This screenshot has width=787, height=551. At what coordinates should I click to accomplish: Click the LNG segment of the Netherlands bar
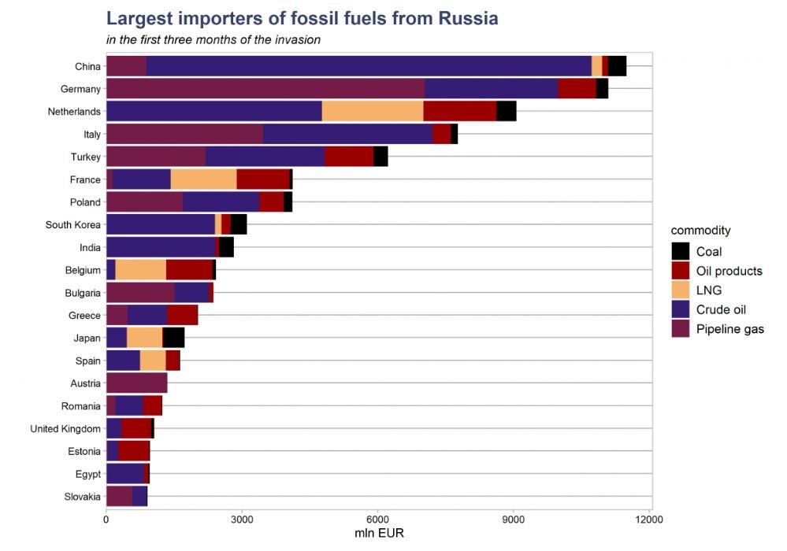click(372, 112)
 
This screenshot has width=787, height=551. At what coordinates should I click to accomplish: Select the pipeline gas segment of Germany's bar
click(265, 89)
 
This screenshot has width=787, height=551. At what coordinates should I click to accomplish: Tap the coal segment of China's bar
click(617, 66)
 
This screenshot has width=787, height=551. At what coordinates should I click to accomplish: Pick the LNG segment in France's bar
click(203, 179)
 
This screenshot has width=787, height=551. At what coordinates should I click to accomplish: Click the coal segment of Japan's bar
click(173, 338)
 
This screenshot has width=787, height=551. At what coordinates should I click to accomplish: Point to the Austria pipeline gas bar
click(136, 383)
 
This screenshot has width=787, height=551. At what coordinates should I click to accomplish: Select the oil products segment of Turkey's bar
click(348, 157)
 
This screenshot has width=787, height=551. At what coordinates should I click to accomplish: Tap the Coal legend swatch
click(681, 251)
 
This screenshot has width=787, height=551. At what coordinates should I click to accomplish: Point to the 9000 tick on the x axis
click(514, 520)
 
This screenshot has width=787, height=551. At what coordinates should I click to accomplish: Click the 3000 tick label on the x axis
click(242, 520)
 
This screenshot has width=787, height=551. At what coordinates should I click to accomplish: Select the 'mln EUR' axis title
click(380, 534)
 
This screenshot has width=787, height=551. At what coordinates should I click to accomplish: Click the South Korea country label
click(73, 225)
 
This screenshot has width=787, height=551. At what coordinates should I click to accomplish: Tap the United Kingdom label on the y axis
click(65, 429)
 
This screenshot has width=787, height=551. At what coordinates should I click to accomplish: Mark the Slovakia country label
click(82, 497)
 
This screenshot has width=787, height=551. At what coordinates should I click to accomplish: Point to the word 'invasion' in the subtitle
click(294, 39)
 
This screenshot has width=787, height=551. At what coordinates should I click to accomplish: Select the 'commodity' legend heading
click(700, 231)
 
